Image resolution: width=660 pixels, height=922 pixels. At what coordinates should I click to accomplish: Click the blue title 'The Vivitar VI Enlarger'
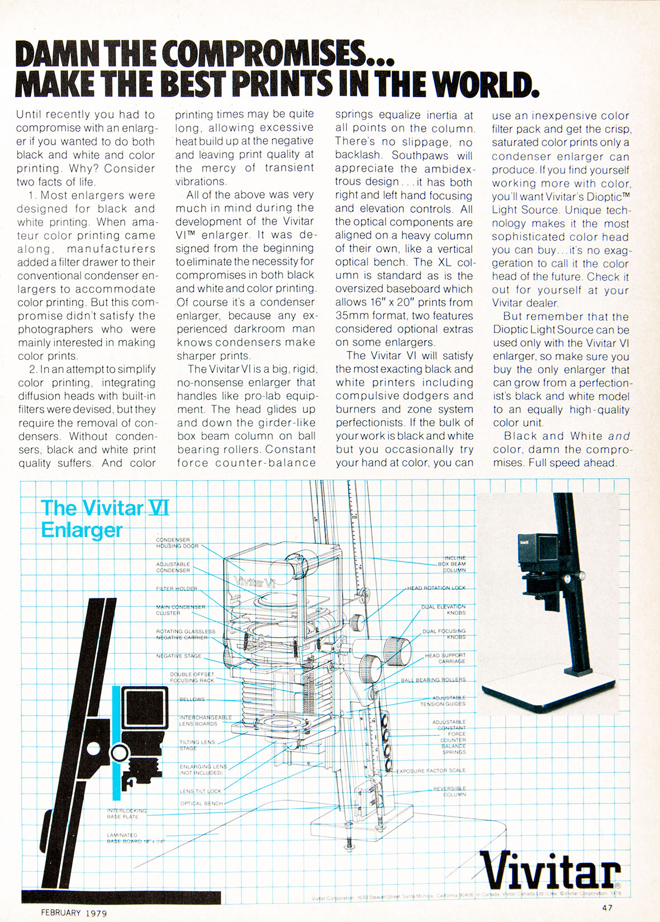point(105,519)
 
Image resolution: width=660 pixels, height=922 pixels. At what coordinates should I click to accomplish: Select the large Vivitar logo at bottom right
point(551,871)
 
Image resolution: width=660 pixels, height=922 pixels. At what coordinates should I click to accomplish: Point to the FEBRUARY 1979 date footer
point(74,913)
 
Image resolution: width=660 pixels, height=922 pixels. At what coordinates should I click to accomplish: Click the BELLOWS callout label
point(192,699)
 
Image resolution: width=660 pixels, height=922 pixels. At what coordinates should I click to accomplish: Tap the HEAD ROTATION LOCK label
point(436,588)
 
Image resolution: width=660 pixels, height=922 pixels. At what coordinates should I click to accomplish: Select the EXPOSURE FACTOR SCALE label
point(430,771)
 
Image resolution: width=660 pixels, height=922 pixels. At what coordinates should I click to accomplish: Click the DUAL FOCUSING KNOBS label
point(444,634)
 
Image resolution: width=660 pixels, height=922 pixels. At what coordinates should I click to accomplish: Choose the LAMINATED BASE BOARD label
point(136,838)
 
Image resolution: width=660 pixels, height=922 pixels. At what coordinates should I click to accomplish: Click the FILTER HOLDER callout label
point(176,588)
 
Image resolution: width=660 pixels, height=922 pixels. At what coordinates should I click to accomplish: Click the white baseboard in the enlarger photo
point(550,690)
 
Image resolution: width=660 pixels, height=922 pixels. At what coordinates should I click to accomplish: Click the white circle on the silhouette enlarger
point(119,753)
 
